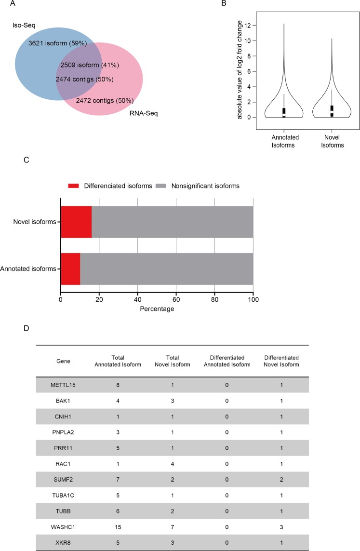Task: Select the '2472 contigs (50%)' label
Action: click(x=105, y=101)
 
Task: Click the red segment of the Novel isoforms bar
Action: click(x=76, y=222)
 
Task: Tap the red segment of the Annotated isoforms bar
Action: click(x=70, y=269)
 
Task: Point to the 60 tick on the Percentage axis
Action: click(x=176, y=299)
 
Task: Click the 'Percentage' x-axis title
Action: click(x=157, y=309)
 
